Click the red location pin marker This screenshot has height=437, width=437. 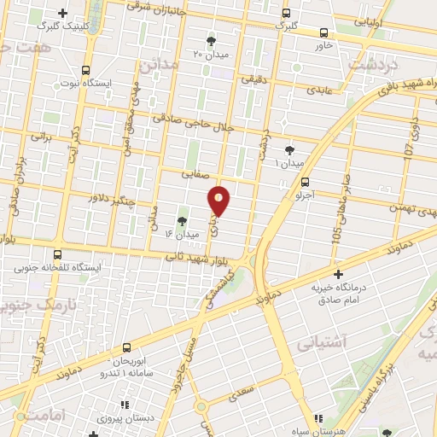click(x=219, y=201)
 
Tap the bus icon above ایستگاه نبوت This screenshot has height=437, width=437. click(x=84, y=70)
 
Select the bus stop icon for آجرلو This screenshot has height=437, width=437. click(x=306, y=182)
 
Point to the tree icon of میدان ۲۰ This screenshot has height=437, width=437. click(x=212, y=40)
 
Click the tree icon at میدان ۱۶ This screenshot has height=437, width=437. click(x=182, y=221)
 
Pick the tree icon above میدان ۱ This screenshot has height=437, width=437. click(x=289, y=149)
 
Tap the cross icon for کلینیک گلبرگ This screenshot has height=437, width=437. click(x=63, y=13)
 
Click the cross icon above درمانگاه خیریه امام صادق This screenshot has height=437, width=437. click(x=339, y=275)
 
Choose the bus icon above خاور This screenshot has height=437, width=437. click(x=323, y=32)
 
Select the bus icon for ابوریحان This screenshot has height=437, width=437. click(x=126, y=347)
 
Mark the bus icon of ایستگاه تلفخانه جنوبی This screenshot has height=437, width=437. click(x=58, y=254)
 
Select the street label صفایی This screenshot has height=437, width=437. click(x=195, y=173)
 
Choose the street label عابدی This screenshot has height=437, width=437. click(x=318, y=89)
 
